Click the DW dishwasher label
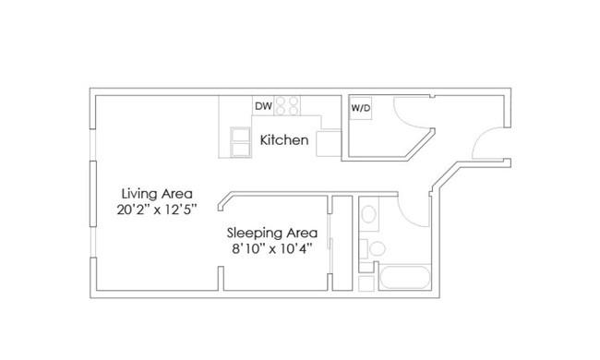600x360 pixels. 263,106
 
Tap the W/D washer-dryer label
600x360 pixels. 361,108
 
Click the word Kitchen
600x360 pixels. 284,140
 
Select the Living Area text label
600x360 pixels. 157,194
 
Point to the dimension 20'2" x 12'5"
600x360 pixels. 157,210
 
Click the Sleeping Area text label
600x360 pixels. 272,233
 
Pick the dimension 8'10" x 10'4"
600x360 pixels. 272,249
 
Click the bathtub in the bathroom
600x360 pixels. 405,277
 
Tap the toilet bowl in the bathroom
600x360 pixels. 378,248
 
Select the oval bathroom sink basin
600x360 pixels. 369,214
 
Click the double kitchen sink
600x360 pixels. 240,142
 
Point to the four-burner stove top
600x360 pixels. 287,105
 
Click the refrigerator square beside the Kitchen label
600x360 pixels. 329,143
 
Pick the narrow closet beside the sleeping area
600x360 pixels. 342,244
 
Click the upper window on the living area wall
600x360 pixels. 92,145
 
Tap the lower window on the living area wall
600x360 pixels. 92,242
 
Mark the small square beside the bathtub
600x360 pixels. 366,283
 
